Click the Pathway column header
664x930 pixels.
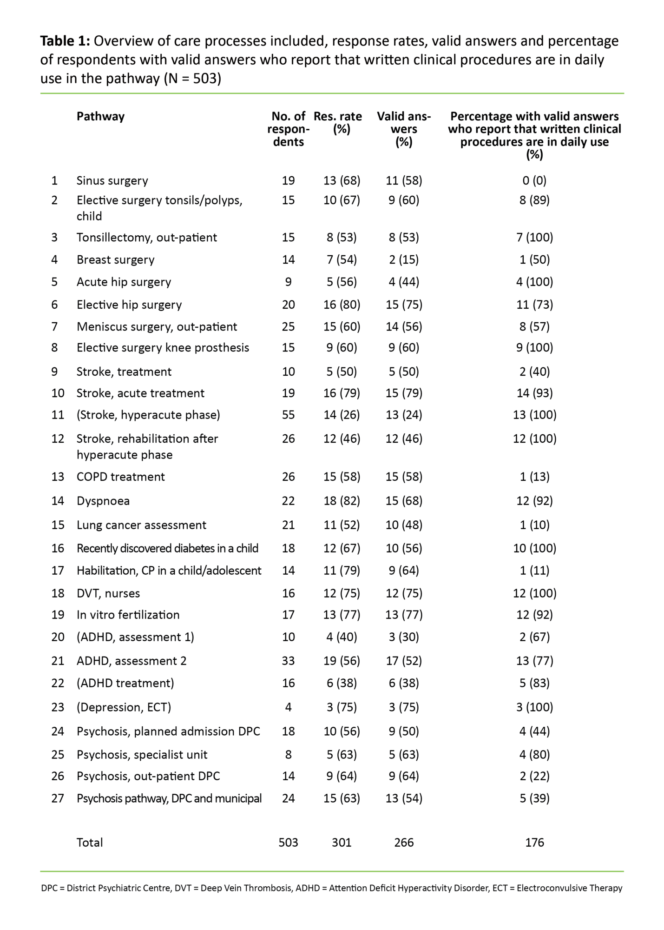point(100,116)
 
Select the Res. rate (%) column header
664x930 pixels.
point(338,123)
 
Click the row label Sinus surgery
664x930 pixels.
point(112,180)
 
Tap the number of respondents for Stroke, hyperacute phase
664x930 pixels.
point(288,415)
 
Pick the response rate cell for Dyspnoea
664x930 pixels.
point(342,501)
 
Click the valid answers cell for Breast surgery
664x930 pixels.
point(403,259)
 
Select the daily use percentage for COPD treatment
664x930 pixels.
point(534,477)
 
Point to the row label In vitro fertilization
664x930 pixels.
point(128,615)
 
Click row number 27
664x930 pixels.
point(58,798)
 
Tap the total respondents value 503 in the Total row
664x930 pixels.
point(288,843)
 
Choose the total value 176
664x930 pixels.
point(534,843)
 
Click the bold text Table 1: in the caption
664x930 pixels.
point(65,41)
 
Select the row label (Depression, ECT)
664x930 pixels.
point(124,707)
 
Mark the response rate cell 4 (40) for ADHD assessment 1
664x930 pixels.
point(342,637)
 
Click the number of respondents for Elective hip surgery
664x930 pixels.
point(288,305)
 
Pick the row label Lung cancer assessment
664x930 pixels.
point(141,525)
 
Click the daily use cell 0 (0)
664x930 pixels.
point(534,180)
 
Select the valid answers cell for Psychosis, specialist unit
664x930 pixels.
point(403,755)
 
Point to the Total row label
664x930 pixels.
point(90,843)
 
